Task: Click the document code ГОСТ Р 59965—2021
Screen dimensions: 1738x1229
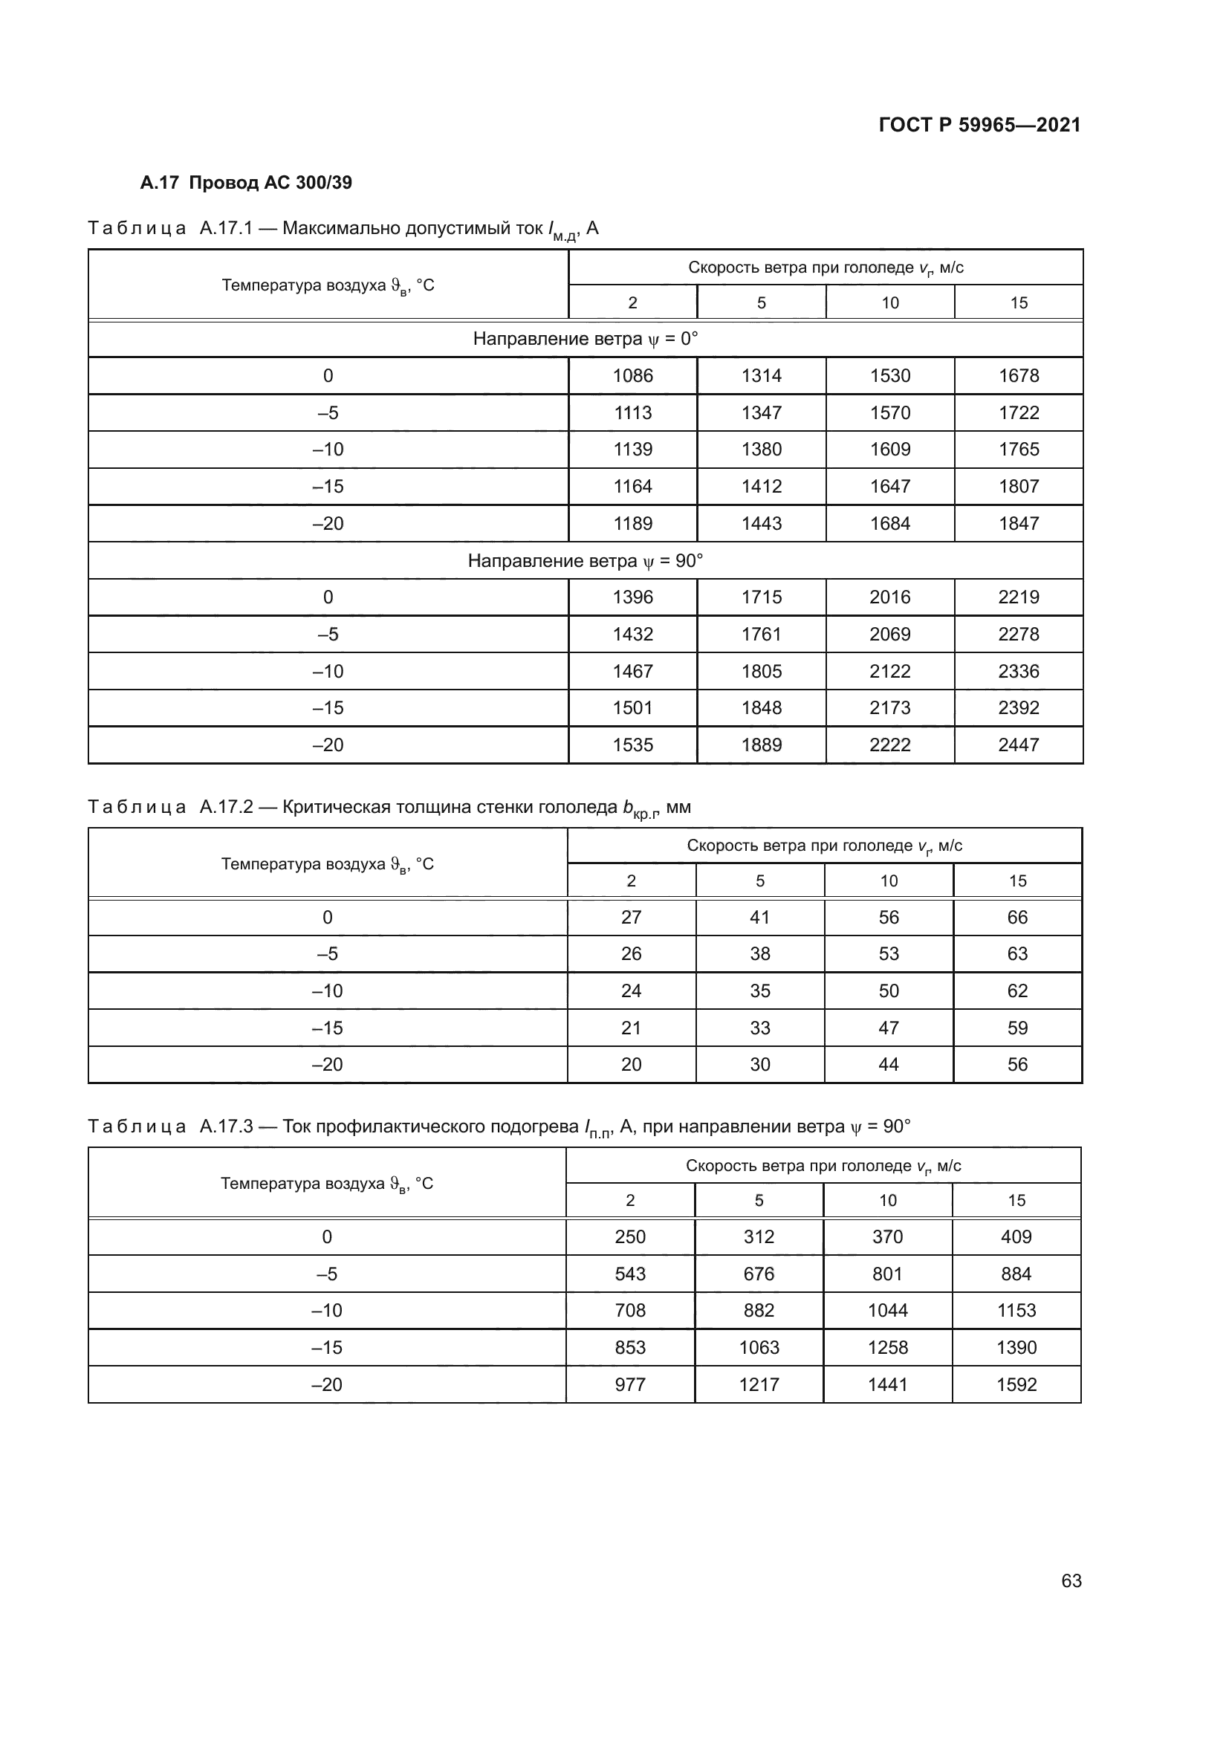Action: [979, 125]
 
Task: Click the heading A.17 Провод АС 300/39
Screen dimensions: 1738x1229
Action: [246, 183]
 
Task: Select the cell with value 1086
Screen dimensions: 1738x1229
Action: [632, 375]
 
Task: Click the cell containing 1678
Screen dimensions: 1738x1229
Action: [1019, 375]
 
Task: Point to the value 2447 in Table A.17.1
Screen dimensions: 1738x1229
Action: [1019, 745]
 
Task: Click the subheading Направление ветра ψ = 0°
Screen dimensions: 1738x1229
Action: [585, 338]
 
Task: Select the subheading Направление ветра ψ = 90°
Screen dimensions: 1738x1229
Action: [585, 561]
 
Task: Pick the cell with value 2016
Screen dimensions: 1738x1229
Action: [890, 597]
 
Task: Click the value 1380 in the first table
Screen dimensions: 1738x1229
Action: [762, 450]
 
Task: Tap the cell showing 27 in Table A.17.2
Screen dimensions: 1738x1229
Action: [631, 918]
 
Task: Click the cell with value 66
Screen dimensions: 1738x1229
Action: [1017, 918]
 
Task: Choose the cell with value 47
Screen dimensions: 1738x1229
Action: [889, 1028]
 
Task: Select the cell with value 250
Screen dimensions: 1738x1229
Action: [629, 1237]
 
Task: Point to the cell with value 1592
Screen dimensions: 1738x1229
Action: [1016, 1384]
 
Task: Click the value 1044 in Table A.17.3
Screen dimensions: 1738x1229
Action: [888, 1310]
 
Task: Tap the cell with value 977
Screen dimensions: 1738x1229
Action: [629, 1384]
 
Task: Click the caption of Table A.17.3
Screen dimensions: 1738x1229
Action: [499, 1127]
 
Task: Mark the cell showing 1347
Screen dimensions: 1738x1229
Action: [762, 412]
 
